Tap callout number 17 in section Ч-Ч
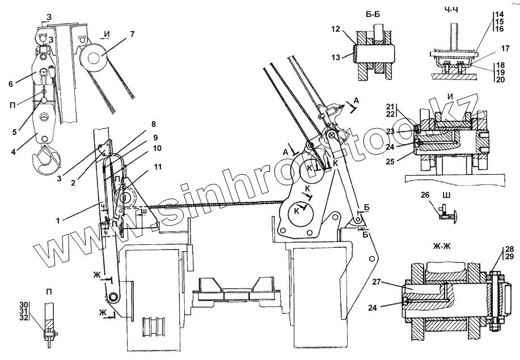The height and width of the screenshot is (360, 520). pyautogui.click(x=489, y=49)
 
